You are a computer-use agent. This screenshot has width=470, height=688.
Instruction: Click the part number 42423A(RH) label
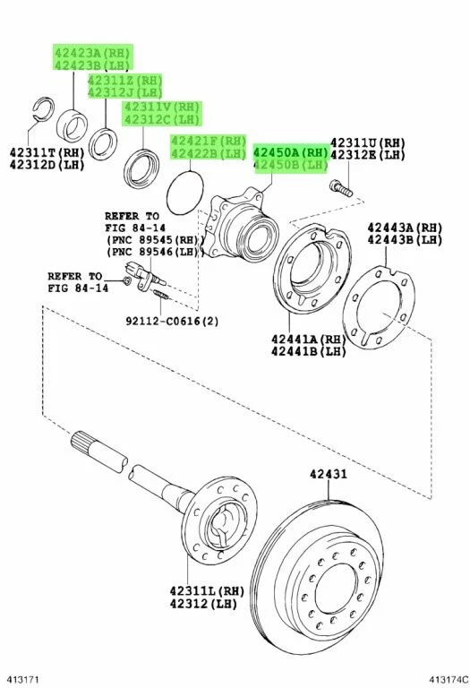click(x=92, y=53)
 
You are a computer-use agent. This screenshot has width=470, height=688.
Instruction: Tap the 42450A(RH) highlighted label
click(x=291, y=153)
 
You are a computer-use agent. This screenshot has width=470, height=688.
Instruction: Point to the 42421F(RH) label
click(x=209, y=142)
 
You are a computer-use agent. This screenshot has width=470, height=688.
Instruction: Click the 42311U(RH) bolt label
click(x=368, y=142)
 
